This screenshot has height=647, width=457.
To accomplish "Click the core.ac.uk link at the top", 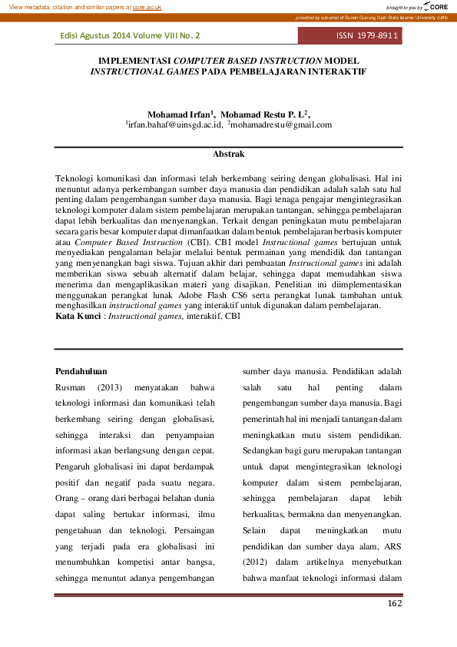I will [147, 7].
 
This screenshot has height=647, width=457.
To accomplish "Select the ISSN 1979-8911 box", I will [367, 36].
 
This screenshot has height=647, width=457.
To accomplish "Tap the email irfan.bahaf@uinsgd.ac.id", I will [175, 124].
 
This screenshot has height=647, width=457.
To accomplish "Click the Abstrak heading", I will [228, 154].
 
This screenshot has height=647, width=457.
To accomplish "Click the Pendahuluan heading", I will [81, 371].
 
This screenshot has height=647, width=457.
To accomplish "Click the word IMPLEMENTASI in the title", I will [135, 59].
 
